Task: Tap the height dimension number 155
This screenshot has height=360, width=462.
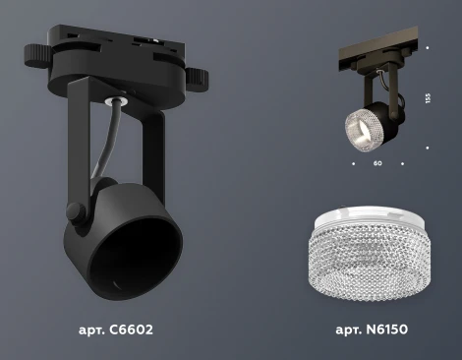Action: pyautogui.click(x=429, y=98)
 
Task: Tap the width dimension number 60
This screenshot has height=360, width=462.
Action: pyautogui.click(x=377, y=163)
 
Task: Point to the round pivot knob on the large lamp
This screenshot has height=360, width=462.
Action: pyautogui.click(x=74, y=210)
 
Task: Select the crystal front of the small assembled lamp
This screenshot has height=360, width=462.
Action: pyautogui.click(x=360, y=129)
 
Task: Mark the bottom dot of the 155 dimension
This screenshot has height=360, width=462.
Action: pyautogui.click(x=429, y=149)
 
